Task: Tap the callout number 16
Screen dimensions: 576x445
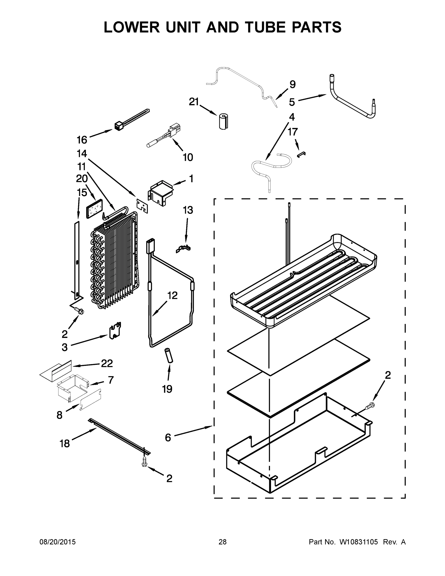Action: click(x=82, y=140)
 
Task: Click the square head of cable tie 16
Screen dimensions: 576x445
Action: click(x=118, y=126)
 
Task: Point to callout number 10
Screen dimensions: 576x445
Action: click(x=188, y=157)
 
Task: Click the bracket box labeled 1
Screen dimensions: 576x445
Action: click(x=161, y=193)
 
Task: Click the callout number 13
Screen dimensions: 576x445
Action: click(x=188, y=210)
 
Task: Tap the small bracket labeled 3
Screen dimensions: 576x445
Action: click(x=115, y=330)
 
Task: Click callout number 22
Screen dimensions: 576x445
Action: click(x=107, y=363)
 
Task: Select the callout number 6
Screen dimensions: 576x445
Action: click(x=168, y=438)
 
